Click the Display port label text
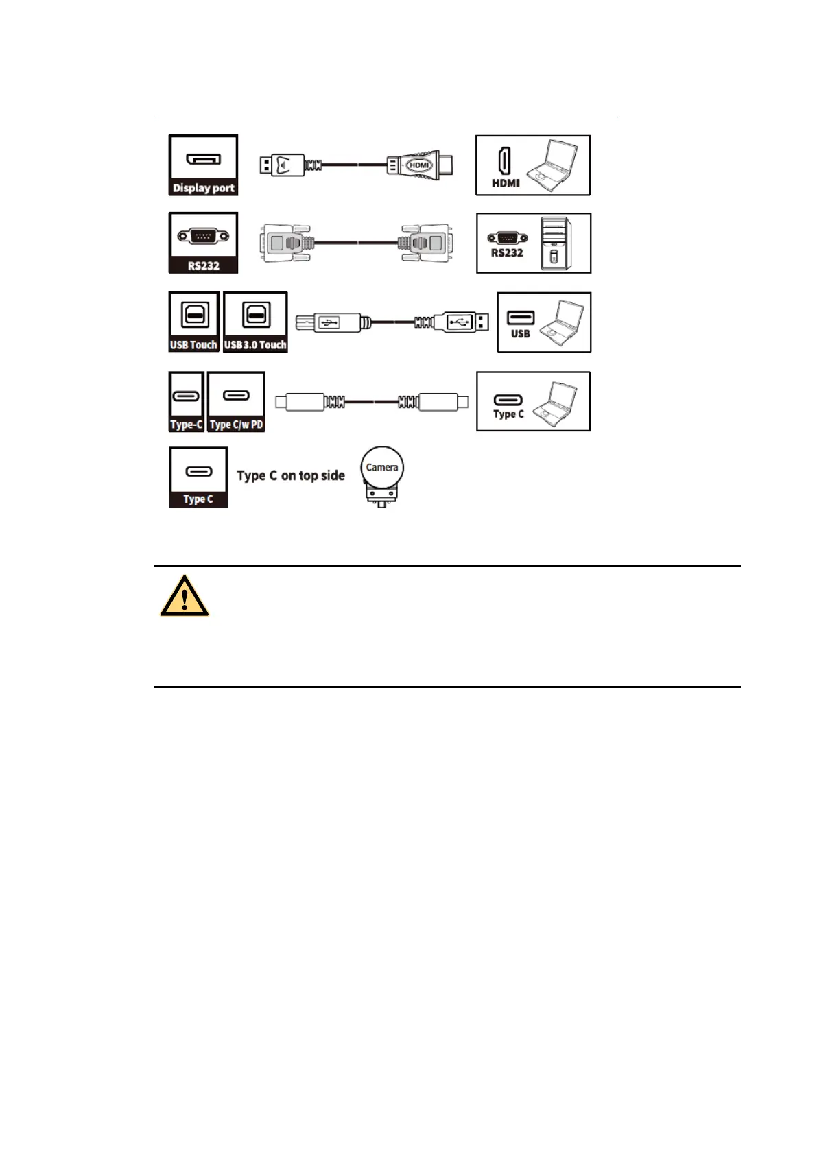pos(203,188)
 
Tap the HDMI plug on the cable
pos(419,165)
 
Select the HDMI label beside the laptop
pos(506,183)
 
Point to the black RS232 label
pos(203,266)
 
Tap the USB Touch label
pos(193,345)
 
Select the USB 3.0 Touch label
pos(255,345)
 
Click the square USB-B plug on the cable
pos(329,322)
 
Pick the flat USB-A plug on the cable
pos(460,321)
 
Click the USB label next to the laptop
pos(520,334)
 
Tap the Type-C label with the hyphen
pos(187,425)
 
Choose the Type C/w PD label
pos(236,425)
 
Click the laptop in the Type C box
pos(554,402)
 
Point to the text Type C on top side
pos(291,476)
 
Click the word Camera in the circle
pos(382,467)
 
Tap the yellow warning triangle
pos(185,597)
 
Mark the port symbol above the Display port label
pos(203,159)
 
